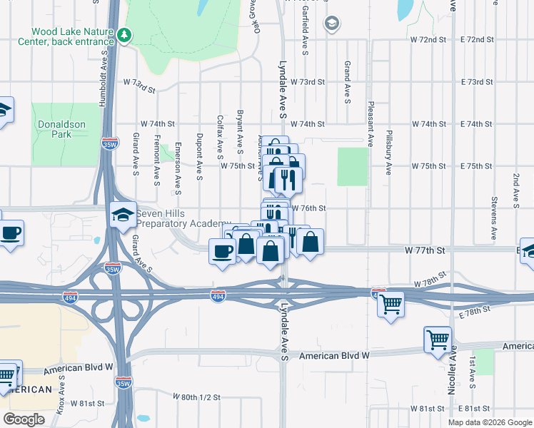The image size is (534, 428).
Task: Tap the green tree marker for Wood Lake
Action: click(125, 34)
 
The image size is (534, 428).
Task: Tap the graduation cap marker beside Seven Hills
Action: click(123, 214)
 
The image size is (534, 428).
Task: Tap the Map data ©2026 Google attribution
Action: click(490, 422)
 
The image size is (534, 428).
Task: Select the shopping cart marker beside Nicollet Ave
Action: click(437, 340)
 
